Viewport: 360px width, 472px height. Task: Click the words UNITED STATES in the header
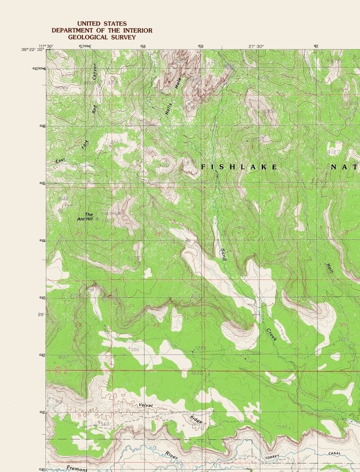(102, 23)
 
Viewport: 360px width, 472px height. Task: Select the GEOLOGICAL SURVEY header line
(102, 37)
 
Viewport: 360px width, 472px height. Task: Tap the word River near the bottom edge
(171, 455)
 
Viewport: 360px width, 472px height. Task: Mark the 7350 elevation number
(134, 350)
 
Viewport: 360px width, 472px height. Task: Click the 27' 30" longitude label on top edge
(256, 46)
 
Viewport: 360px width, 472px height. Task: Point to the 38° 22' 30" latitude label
(33, 50)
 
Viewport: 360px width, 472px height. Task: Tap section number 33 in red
(156, 325)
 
